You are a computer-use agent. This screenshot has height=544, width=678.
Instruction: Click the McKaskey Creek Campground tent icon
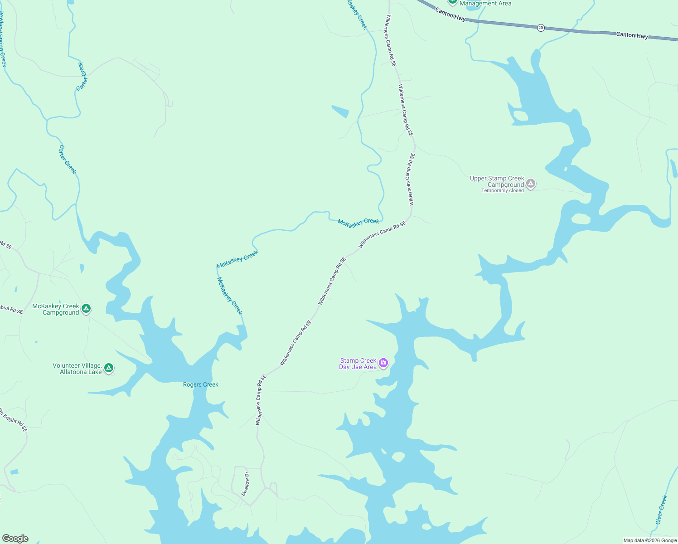pyautogui.click(x=86, y=309)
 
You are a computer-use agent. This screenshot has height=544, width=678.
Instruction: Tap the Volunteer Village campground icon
pyautogui.click(x=109, y=368)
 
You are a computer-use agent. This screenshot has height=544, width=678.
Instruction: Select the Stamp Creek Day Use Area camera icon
pyautogui.click(x=383, y=363)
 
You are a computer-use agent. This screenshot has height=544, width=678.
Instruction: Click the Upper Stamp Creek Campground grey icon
pyautogui.click(x=531, y=184)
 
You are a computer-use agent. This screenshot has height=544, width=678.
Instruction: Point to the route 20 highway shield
pyautogui.click(x=541, y=28)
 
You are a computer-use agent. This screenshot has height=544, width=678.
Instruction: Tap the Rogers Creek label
pyautogui.click(x=200, y=384)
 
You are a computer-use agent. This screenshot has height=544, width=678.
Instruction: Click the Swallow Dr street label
pyautogui.click(x=245, y=484)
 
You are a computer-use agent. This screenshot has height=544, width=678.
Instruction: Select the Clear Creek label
pyautogui.click(x=662, y=510)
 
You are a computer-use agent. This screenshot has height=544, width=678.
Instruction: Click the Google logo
pyautogui.click(x=15, y=538)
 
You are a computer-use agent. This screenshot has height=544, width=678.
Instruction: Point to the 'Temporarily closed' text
pyautogui.click(x=502, y=191)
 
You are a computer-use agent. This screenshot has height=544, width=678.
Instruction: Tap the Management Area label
pyautogui.click(x=485, y=4)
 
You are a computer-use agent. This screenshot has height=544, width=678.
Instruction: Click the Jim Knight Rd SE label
pyautogui.click(x=13, y=420)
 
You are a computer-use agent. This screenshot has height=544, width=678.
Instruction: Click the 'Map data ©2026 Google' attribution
pyautogui.click(x=650, y=540)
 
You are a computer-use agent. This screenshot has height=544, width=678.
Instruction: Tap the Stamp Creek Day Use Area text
pyautogui.click(x=358, y=364)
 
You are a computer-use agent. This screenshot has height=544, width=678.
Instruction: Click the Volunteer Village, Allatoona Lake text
pyautogui.click(x=77, y=369)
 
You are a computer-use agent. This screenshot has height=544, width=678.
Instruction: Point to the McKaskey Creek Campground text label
pyautogui.click(x=55, y=309)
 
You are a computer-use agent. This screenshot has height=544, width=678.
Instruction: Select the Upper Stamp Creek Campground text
pyautogui.click(x=497, y=181)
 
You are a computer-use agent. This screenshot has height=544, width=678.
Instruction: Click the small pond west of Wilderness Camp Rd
pyautogui.click(x=340, y=111)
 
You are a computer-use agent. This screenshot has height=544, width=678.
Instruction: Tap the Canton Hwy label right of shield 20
pyautogui.click(x=632, y=35)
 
